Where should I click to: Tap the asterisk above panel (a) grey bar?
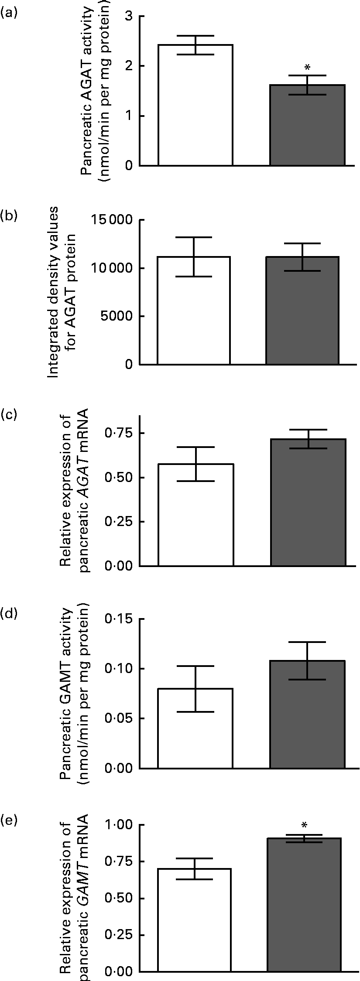(307, 68)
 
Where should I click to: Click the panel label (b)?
(10, 215)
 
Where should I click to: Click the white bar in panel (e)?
(194, 914)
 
